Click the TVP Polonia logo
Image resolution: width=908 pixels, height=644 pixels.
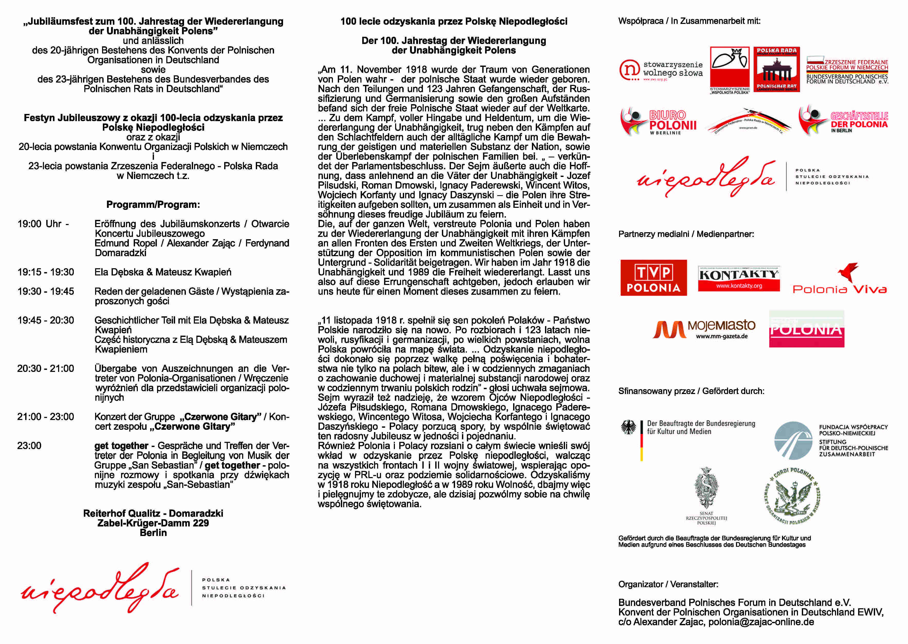(x=653, y=278)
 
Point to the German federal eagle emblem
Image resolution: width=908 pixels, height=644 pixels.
(x=628, y=427)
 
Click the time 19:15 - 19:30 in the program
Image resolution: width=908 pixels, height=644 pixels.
(x=46, y=272)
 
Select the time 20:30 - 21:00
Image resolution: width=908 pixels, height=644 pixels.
(x=46, y=368)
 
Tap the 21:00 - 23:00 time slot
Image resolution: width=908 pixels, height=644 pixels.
(x=46, y=417)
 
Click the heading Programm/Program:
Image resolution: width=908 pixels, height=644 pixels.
(x=153, y=205)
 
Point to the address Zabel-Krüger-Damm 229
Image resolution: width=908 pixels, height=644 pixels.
(x=153, y=523)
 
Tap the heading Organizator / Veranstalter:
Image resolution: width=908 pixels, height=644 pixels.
(x=668, y=584)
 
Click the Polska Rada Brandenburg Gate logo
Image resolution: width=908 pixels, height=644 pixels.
(x=776, y=69)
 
